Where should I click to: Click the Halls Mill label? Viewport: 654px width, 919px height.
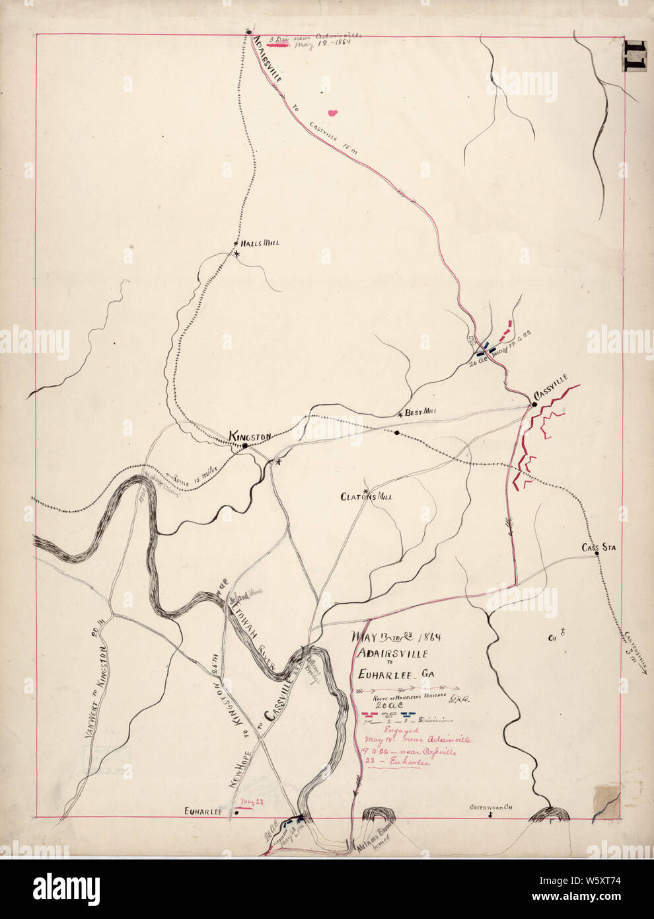[x=261, y=243]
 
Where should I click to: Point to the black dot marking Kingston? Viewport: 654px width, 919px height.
[x=244, y=446]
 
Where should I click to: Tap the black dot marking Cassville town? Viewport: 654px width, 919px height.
[x=534, y=404]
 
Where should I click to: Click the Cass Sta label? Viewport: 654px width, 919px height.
[x=599, y=547]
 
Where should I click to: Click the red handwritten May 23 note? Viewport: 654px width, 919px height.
[x=248, y=802]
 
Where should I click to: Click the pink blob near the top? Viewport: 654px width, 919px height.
[x=334, y=112]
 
